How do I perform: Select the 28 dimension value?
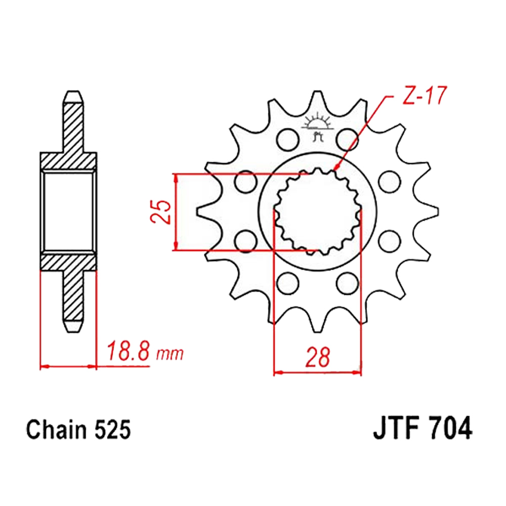(x=318, y=357)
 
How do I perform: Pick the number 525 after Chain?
(x=113, y=430)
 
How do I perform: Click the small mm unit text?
(x=170, y=354)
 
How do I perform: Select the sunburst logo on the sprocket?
(x=317, y=126)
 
